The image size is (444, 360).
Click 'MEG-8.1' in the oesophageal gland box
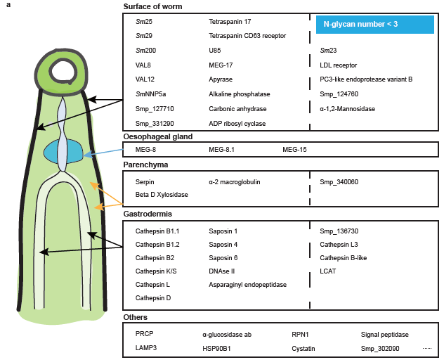(x=222, y=150)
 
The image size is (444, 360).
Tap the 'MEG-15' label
(x=294, y=150)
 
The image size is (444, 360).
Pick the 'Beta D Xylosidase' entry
(x=162, y=194)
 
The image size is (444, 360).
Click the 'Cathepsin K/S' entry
(x=155, y=271)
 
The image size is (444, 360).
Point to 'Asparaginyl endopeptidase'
(x=248, y=284)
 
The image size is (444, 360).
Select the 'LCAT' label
(x=328, y=271)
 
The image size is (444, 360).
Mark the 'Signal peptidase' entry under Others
(x=384, y=335)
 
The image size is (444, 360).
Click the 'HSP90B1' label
(x=217, y=348)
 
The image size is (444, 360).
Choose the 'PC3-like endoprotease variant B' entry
(x=365, y=79)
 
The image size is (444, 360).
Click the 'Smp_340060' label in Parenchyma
(x=339, y=181)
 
